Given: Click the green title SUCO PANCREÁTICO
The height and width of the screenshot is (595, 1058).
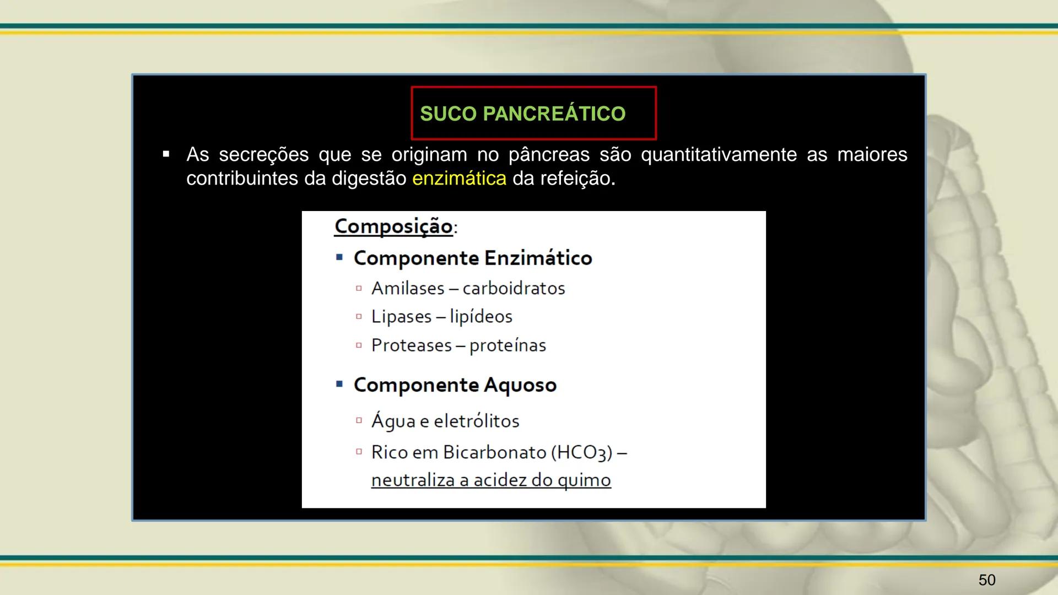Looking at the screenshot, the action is (522, 113).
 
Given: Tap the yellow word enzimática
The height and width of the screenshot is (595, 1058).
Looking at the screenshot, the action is (459, 178).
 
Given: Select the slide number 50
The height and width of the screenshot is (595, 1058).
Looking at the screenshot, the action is (987, 580).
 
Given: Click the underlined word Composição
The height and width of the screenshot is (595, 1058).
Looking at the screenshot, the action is (393, 226).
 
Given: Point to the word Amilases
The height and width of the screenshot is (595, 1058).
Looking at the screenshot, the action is (408, 288).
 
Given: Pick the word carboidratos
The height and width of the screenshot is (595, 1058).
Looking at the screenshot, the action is (514, 288).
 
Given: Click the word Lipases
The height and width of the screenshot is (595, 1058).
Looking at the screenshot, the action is (401, 317).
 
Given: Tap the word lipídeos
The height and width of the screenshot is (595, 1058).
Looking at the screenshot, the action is (481, 317).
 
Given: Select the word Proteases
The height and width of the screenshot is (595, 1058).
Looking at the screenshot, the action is (412, 345).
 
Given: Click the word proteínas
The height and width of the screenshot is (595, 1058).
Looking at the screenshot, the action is (508, 345).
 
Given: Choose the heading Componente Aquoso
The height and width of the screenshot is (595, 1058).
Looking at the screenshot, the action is (455, 385).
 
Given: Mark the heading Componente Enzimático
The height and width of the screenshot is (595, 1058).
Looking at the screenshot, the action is (473, 258).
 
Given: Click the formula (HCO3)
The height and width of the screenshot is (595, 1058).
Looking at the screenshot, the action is (581, 453).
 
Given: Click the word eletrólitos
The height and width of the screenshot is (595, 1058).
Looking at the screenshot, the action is (477, 421).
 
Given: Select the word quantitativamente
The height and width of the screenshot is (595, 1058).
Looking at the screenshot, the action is (719, 155).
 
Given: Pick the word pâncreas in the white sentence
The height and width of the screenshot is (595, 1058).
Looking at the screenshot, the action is (549, 155).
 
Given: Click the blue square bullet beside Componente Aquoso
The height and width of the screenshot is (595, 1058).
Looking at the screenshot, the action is (339, 383).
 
